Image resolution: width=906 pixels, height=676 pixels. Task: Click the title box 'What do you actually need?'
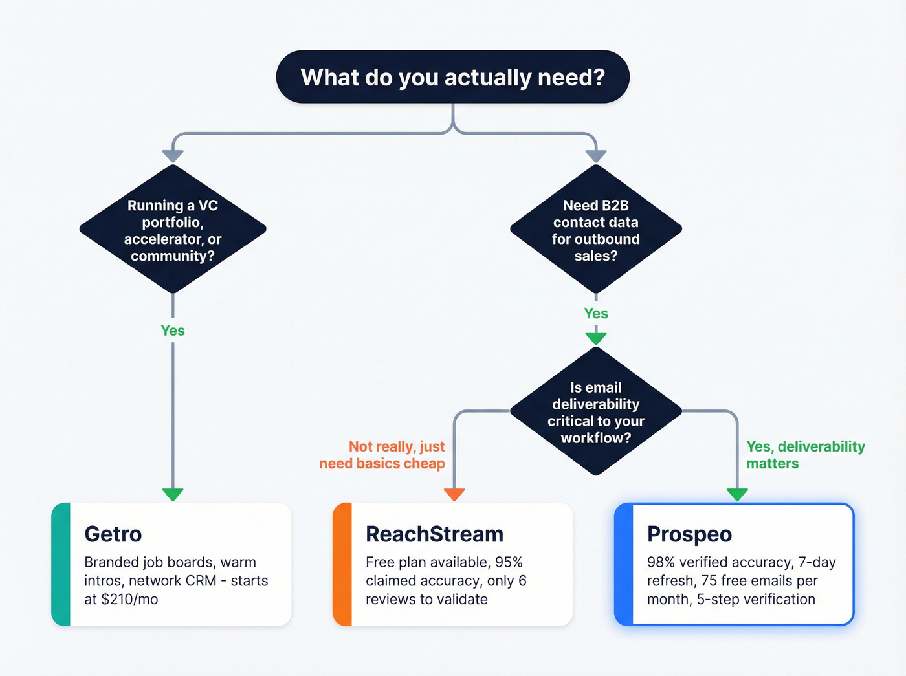[x=452, y=77]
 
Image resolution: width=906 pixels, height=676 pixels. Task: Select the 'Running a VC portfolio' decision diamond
[x=173, y=230]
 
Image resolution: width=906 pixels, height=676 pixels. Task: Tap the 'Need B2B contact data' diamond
[x=595, y=230]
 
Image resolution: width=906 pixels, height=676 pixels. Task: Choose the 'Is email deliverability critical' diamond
[x=595, y=412]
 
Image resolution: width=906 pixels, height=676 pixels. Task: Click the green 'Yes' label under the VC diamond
[x=173, y=331]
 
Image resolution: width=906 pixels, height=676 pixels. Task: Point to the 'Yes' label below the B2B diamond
[x=595, y=314]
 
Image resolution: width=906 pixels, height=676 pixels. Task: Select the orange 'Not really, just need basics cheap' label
[x=382, y=455]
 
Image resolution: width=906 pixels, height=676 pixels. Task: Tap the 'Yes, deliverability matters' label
[x=805, y=455]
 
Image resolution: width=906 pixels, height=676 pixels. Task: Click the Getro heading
[x=113, y=534]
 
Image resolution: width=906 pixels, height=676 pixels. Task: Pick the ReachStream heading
[x=434, y=534]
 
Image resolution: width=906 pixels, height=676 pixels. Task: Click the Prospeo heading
[x=689, y=534]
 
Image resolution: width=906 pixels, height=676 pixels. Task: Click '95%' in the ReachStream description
[x=509, y=562]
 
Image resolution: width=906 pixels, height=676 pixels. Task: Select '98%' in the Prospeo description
[x=661, y=562]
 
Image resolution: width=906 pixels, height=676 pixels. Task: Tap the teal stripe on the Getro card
[x=61, y=564]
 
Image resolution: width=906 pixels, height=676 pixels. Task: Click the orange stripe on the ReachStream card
[x=342, y=564]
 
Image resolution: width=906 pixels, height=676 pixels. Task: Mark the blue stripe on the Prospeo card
[x=624, y=564]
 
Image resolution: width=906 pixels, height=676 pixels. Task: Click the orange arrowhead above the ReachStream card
[x=454, y=494]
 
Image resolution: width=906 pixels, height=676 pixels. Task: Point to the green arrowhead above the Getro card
[x=173, y=494]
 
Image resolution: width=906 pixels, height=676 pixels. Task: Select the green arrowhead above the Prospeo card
[x=737, y=494]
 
